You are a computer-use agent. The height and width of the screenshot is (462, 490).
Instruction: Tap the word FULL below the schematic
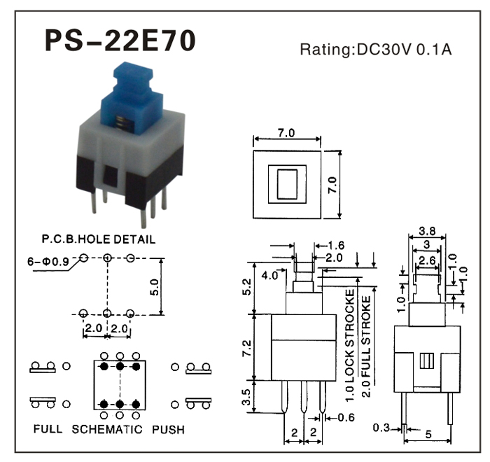48,429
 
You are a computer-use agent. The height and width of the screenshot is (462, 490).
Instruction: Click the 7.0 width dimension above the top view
286,133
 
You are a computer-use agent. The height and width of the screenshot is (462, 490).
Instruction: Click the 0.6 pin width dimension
345,418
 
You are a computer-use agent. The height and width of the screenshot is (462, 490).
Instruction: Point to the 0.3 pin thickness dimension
382,427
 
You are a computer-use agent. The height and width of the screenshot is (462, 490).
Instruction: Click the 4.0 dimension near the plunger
269,276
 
